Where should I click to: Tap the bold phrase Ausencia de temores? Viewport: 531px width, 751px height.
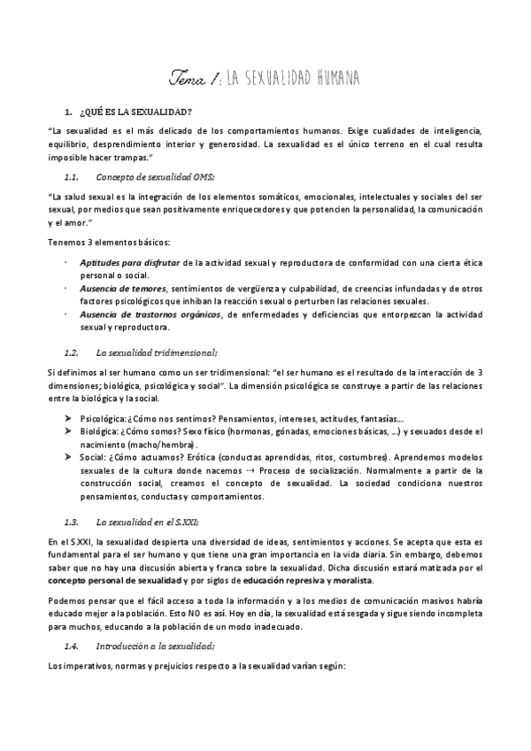click(x=123, y=289)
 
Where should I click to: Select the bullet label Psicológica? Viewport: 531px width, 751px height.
click(x=104, y=418)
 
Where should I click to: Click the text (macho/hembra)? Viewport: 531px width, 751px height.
click(x=157, y=444)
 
